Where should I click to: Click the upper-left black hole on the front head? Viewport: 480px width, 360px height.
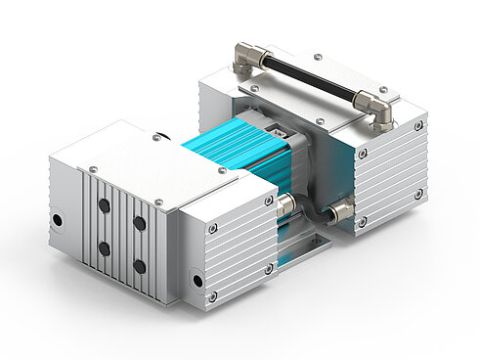coord(104,207)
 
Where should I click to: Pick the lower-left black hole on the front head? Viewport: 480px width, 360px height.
coord(104,248)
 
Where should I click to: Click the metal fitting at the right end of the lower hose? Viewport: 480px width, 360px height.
coord(339,210)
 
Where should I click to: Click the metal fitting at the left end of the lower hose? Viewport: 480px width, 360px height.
coord(284,204)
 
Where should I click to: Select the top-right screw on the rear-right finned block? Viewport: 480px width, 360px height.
coord(418,125)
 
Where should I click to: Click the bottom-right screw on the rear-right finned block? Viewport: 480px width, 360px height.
coord(418,194)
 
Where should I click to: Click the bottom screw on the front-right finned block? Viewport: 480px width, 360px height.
coord(212,295)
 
